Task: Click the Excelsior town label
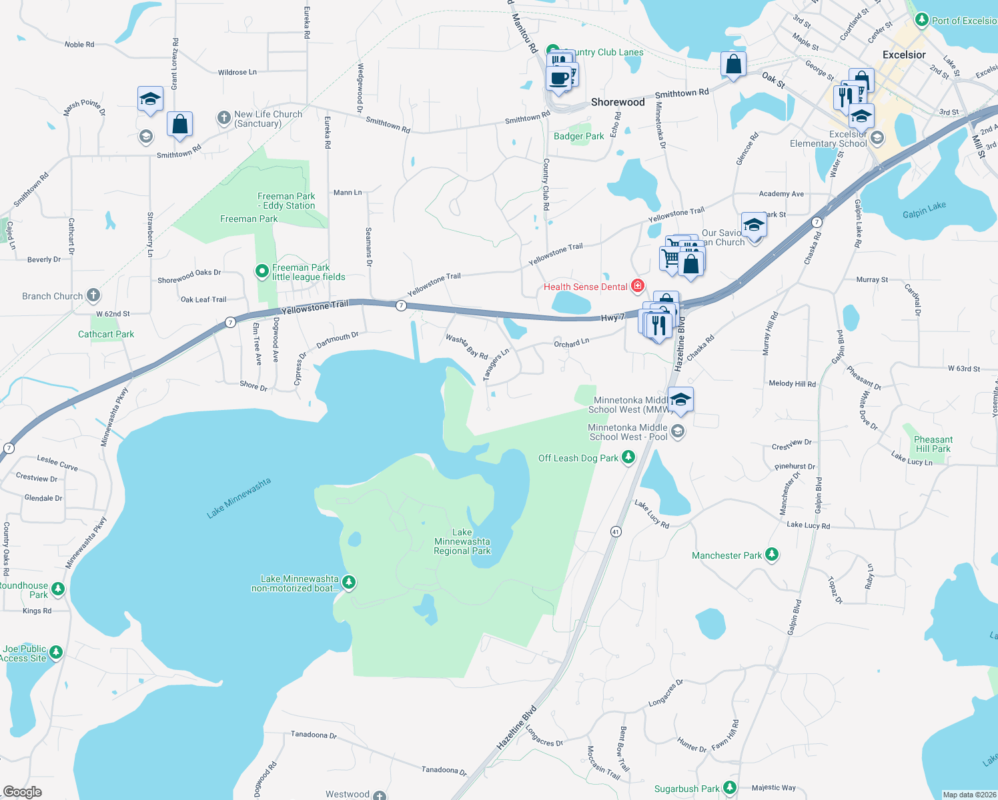pyautogui.click(x=904, y=55)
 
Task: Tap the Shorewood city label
pyautogui.click(x=618, y=102)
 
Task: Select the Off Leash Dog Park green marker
pyautogui.click(x=628, y=457)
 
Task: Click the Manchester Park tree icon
pyautogui.click(x=772, y=554)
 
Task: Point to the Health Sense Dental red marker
pyautogui.click(x=638, y=286)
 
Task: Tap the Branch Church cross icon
pyautogui.click(x=93, y=295)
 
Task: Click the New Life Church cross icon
pyautogui.click(x=224, y=118)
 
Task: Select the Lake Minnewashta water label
pyautogui.click(x=239, y=498)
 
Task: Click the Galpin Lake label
pyautogui.click(x=924, y=210)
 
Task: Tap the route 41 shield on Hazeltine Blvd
pyautogui.click(x=616, y=531)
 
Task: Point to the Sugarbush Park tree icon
pyautogui.click(x=730, y=787)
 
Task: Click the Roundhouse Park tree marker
pyautogui.click(x=58, y=589)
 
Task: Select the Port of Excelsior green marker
pyautogui.click(x=921, y=20)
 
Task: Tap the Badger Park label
pyautogui.click(x=578, y=136)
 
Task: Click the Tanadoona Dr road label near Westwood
pyautogui.click(x=444, y=770)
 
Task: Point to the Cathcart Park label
pyautogui.click(x=106, y=334)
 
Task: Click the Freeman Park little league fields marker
pyautogui.click(x=262, y=271)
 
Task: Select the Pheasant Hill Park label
pyautogui.click(x=933, y=444)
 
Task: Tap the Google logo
pyautogui.click(x=23, y=791)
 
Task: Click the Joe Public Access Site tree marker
pyautogui.click(x=56, y=652)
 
